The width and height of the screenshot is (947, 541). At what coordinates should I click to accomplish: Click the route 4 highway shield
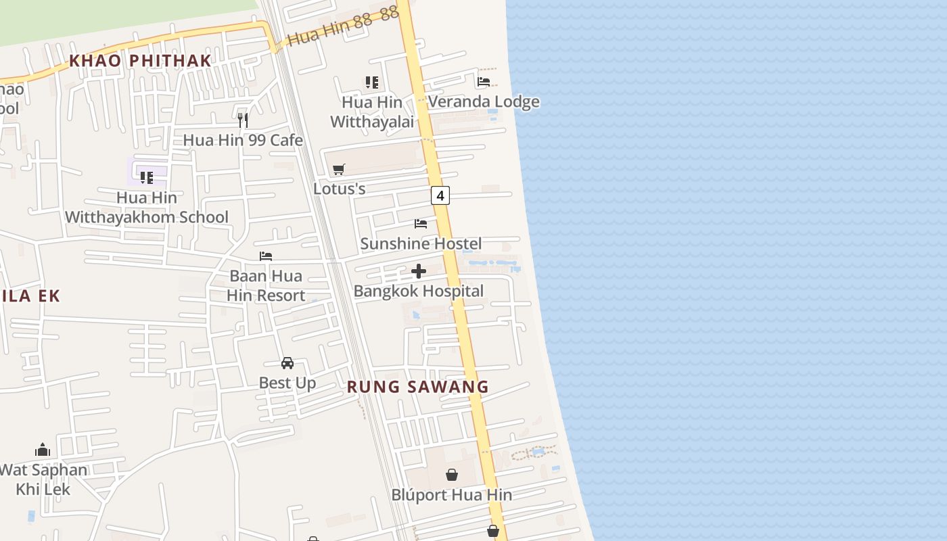[x=440, y=196]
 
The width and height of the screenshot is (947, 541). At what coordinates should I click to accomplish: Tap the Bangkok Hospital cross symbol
[x=419, y=272]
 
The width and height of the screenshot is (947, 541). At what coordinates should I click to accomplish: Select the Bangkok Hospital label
[x=419, y=291]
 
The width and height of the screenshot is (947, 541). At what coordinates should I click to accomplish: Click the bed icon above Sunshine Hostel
[x=421, y=224]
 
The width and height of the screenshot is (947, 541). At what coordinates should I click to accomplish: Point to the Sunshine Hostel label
[x=421, y=243]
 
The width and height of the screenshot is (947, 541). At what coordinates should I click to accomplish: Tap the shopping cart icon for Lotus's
[x=339, y=169]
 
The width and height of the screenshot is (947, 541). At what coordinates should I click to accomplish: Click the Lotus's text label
[x=340, y=189]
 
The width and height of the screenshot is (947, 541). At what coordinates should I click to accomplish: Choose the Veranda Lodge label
[x=484, y=102]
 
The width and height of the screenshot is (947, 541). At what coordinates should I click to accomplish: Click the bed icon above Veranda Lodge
[x=484, y=82]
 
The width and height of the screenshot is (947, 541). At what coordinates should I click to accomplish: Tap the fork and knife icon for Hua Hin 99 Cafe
[x=243, y=120]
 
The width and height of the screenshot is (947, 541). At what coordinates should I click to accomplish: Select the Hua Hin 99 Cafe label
[x=243, y=140]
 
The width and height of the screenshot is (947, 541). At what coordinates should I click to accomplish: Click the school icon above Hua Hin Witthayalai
[x=371, y=83]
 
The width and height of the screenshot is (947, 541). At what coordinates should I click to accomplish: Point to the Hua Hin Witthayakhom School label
[x=147, y=208]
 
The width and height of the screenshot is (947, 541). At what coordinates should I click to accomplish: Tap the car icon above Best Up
[x=287, y=363]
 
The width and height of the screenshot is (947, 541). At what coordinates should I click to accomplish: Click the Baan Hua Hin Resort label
[x=266, y=286]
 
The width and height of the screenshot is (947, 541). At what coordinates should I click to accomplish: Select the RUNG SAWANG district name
[x=417, y=387]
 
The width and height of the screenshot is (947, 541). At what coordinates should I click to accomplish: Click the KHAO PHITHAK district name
[x=141, y=60]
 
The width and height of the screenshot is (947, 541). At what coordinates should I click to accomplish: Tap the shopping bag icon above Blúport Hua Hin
[x=452, y=475]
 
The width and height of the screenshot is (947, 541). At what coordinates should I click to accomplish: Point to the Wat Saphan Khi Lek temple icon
[x=43, y=450]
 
